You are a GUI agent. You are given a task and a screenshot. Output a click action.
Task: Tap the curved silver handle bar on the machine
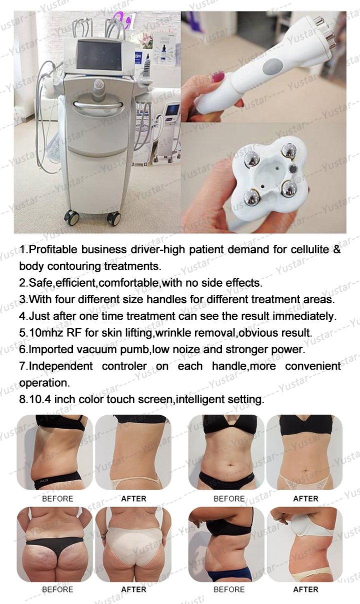tap(97, 104)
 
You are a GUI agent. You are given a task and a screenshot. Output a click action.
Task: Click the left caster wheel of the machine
tap(72, 217)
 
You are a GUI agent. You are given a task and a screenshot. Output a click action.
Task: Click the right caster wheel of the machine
tap(113, 218)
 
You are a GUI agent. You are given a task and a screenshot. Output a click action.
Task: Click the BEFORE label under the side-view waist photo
tap(58, 499)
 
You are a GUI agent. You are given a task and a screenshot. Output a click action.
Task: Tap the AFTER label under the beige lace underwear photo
tap(305, 499)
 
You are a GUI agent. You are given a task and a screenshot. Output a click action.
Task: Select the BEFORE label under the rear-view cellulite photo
tap(58, 590)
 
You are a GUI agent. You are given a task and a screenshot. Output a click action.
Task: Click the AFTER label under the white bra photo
tap(305, 590)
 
